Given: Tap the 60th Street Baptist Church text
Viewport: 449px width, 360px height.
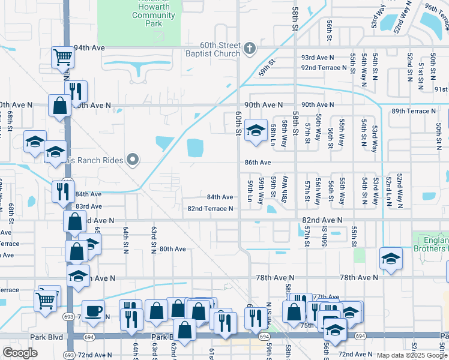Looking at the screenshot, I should point(220,52).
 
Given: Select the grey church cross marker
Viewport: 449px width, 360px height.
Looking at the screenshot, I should point(250,47).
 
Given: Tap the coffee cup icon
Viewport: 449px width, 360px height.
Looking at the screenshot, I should point(92,311).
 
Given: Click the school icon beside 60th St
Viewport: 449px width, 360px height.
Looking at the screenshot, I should point(256,130).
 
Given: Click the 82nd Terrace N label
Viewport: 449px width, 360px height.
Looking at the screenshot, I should point(210,209).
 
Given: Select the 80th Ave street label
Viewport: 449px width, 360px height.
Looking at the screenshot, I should point(172,249).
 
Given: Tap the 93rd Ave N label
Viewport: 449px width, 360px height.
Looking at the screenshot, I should point(318,58).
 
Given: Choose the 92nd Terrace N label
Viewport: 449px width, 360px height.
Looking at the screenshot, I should point(325,68).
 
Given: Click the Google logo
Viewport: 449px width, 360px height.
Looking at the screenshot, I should point(20,353).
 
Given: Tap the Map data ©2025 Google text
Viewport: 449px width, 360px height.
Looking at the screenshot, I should point(411,355).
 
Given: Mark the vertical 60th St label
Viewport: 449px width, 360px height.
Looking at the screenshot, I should point(238,122).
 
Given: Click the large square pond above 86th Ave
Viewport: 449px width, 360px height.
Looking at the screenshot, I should point(195,148).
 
